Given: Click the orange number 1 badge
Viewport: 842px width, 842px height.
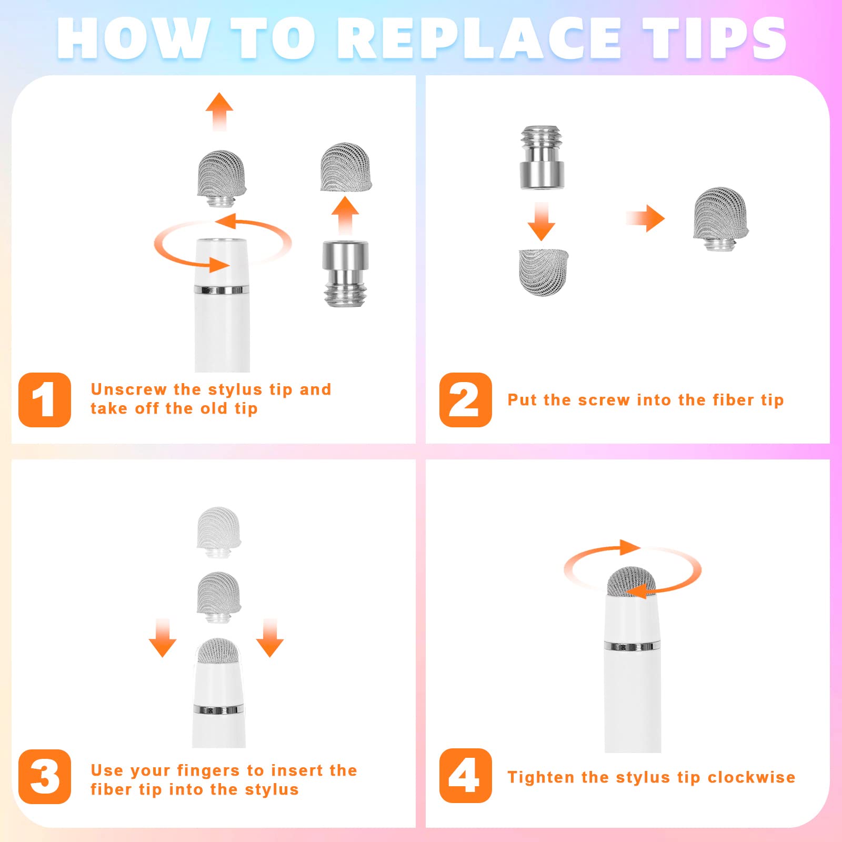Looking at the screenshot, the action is pos(45,400).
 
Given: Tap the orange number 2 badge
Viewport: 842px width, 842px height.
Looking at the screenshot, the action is pos(466,400).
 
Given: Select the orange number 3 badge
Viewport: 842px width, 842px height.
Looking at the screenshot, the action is pos(45,777).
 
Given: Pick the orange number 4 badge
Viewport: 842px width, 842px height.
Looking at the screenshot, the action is pos(466,776).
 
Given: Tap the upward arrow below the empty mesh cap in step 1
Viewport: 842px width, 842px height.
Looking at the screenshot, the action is pos(345,216).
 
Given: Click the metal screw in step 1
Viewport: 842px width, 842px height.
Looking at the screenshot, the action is pos(345,273).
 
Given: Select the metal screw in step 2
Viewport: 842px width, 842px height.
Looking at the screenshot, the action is pos(542,157).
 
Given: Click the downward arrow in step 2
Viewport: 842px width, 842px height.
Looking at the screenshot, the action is pos(542,222).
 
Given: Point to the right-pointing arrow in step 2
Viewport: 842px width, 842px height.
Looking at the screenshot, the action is pos(645,218).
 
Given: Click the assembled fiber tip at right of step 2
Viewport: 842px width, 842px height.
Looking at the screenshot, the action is pos(720,219).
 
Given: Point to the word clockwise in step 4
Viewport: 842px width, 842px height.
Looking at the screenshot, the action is pos(751,777).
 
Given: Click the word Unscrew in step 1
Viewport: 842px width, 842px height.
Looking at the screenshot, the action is pos(129,389).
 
